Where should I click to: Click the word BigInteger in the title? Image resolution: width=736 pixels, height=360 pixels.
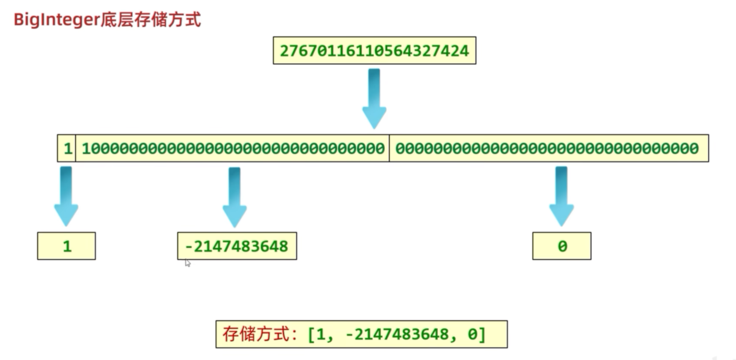tap(57, 20)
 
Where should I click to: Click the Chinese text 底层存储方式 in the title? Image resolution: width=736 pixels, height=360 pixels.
tap(151, 20)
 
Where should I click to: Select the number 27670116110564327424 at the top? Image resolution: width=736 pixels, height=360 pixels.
tap(374, 51)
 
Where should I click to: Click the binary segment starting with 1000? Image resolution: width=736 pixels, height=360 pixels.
tap(233, 148)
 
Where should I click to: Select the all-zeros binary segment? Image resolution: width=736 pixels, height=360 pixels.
tap(547, 148)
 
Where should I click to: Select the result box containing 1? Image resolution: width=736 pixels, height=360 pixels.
tap(67, 246)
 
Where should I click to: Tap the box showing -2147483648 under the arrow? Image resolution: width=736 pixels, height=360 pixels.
tap(237, 246)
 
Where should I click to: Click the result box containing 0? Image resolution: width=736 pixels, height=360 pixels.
tap(562, 246)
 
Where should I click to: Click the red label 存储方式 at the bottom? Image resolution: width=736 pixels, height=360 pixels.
tap(256, 334)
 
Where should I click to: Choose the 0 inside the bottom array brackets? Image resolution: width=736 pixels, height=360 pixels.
tap(472, 334)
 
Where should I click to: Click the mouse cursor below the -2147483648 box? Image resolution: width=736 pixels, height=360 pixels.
tap(188, 263)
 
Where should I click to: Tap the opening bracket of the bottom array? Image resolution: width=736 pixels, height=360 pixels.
tap(311, 334)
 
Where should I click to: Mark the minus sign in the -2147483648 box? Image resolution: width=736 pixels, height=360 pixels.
tap(188, 247)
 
